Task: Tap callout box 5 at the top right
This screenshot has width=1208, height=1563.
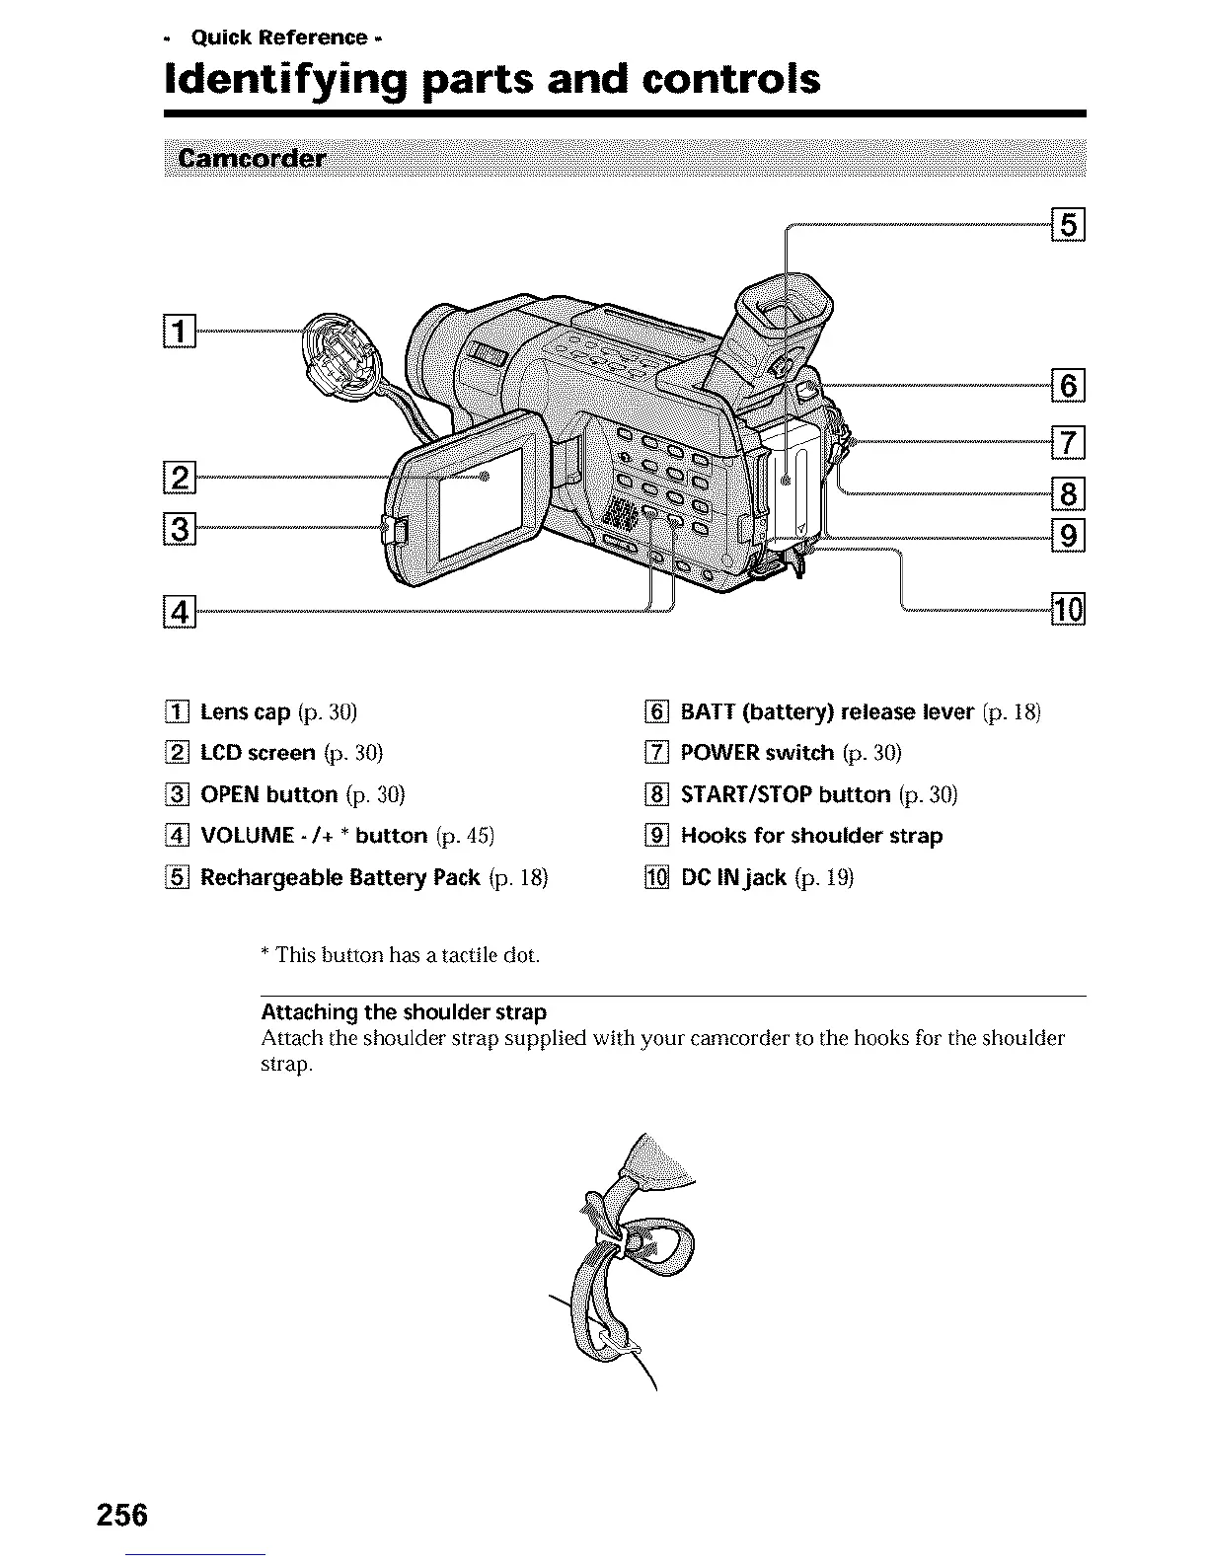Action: click(1069, 227)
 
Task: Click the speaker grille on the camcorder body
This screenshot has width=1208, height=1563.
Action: click(619, 513)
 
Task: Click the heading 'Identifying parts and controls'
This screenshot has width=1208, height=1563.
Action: click(491, 78)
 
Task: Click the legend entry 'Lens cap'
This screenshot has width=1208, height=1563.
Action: click(245, 711)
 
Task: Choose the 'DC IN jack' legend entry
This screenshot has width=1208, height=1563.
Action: click(733, 877)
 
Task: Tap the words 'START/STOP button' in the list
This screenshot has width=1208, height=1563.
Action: click(786, 794)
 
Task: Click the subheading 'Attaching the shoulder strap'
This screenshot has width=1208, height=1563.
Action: click(404, 1011)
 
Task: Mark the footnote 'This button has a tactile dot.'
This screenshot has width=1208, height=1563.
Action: click(407, 955)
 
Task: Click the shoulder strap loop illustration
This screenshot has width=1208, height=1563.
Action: click(632, 1263)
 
